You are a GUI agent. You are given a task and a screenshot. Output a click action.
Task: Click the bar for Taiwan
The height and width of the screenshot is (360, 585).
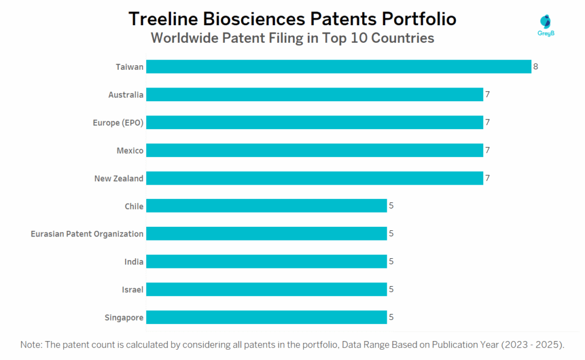pyautogui.click(x=339, y=67)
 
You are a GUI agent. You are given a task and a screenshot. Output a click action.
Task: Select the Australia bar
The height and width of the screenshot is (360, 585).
pyautogui.click(x=315, y=95)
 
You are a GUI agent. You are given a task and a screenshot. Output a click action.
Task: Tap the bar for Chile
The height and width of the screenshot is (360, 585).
pyautogui.click(x=266, y=206)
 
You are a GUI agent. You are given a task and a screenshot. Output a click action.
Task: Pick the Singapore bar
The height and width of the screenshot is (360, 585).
pyautogui.click(x=266, y=317)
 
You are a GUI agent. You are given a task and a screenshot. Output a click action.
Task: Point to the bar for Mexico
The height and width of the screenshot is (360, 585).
pyautogui.click(x=315, y=150)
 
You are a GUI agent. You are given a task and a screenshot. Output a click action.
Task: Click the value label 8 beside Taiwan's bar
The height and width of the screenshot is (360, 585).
pyautogui.click(x=536, y=67)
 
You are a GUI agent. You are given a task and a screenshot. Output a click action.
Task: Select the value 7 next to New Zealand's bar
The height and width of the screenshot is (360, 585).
pyautogui.click(x=487, y=178)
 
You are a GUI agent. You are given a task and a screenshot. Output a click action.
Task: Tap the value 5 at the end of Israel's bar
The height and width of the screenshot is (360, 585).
pyautogui.click(x=391, y=289)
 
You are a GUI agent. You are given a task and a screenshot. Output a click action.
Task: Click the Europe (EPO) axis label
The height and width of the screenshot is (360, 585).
pyautogui.click(x=118, y=123)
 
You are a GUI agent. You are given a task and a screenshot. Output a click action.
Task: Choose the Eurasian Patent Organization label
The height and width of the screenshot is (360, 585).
pyautogui.click(x=87, y=234)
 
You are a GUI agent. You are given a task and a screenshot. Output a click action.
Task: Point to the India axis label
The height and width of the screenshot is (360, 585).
pyautogui.click(x=134, y=262)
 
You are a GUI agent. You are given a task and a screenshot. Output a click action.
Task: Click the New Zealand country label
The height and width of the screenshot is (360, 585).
pyautogui.click(x=119, y=178)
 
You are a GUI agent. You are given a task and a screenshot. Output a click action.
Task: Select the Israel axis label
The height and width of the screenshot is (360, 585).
pyautogui.click(x=132, y=289)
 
